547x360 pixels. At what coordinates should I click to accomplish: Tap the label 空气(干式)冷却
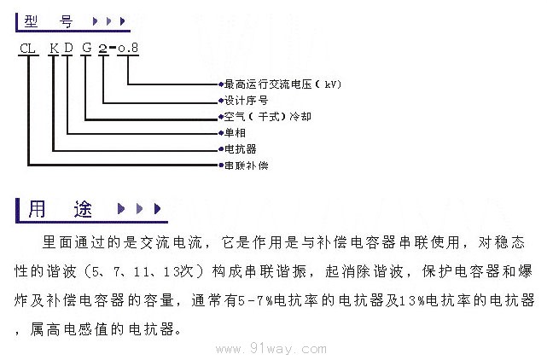click(x=263, y=116)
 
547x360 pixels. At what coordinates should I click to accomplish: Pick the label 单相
click(x=233, y=132)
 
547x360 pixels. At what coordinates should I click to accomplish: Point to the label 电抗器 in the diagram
click(x=239, y=148)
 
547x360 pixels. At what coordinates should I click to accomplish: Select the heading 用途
click(x=61, y=208)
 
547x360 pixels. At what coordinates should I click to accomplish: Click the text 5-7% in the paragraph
click(x=255, y=301)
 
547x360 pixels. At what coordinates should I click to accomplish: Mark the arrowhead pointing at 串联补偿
click(x=218, y=164)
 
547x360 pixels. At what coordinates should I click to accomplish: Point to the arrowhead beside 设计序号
click(x=218, y=100)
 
